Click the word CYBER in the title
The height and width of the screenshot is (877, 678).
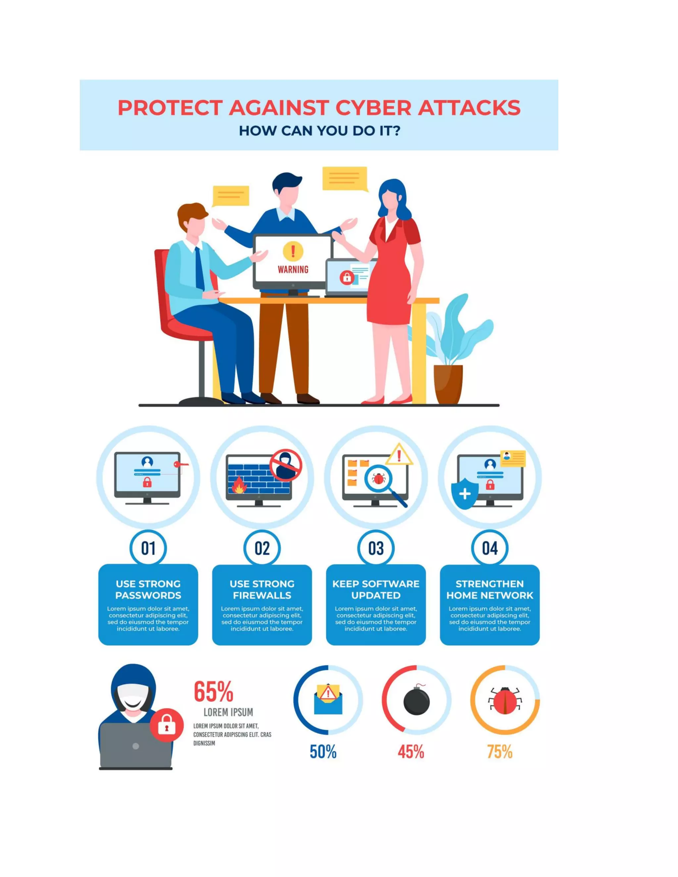(373, 108)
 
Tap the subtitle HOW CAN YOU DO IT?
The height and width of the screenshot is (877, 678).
(319, 131)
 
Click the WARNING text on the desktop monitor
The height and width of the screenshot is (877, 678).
(293, 269)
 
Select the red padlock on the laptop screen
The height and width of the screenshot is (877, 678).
(347, 277)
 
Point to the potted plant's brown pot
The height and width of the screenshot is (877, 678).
(448, 384)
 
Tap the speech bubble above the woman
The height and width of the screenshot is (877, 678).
(345, 178)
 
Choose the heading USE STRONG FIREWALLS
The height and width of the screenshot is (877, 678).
(262, 589)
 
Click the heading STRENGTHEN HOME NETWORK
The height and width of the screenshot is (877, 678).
(490, 589)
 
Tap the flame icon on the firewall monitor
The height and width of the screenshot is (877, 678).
(239, 485)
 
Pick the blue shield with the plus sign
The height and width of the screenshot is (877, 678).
(465, 493)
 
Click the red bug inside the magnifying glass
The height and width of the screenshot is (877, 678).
(378, 478)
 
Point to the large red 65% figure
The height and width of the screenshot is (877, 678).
(214, 691)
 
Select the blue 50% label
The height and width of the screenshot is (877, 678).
(323, 752)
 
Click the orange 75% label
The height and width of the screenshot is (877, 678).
(500, 752)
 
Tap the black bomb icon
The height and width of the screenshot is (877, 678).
(416, 701)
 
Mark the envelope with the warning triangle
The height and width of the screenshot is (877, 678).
(328, 700)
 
